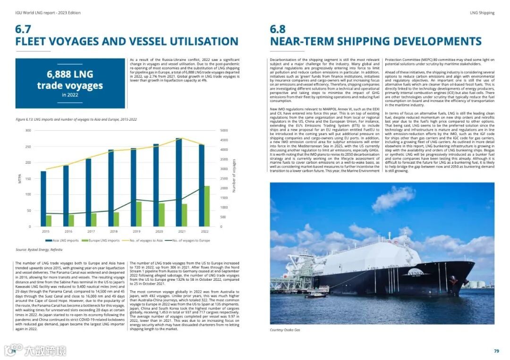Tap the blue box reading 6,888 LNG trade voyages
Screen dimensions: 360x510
point(70,83)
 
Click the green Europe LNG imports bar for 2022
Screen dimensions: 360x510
point(206,206)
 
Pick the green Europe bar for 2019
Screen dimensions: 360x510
point(139,214)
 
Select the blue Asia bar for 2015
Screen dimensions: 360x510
point(43,199)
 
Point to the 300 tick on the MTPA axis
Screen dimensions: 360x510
point(28,130)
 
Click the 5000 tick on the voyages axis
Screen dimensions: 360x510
point(224,130)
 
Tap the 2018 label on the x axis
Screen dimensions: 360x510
point(114,232)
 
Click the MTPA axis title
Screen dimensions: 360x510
point(20,178)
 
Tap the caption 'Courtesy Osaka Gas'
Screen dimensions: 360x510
point(285,330)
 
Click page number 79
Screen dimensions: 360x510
point(496,351)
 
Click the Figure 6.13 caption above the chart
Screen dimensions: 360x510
point(76,120)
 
